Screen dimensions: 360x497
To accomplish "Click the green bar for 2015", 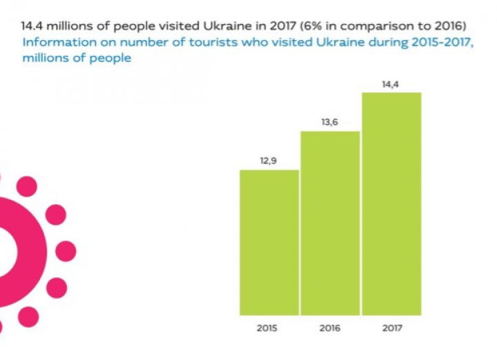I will click(269, 241).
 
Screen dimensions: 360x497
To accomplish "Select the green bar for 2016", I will click(330, 222).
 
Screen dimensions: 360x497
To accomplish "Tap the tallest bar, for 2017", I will click(391, 203).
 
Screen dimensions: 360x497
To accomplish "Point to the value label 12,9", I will click(269, 161).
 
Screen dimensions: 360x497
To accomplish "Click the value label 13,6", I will click(330, 122).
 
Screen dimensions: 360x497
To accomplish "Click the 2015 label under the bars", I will click(269, 328).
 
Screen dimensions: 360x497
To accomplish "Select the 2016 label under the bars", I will click(330, 328).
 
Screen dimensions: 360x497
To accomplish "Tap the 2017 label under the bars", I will click(391, 328).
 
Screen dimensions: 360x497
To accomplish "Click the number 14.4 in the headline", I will click(32, 26).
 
